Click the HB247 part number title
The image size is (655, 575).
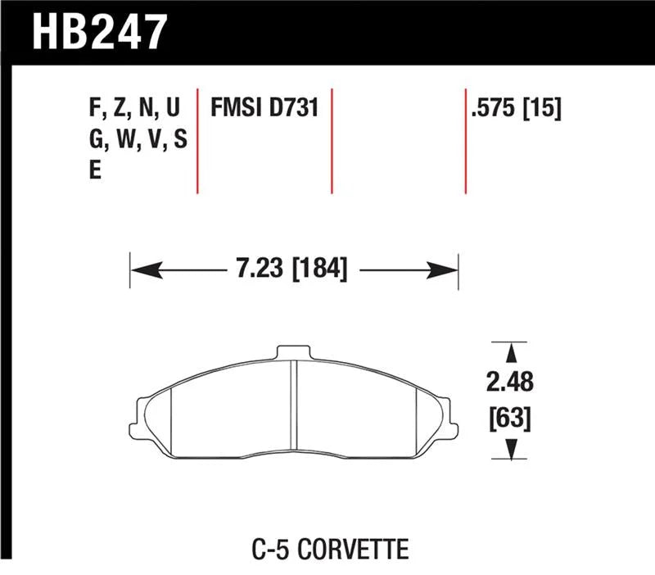pos(101,33)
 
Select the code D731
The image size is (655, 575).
pos(292,109)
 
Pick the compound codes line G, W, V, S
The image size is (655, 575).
pos(138,141)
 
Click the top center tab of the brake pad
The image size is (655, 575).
pos(295,353)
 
